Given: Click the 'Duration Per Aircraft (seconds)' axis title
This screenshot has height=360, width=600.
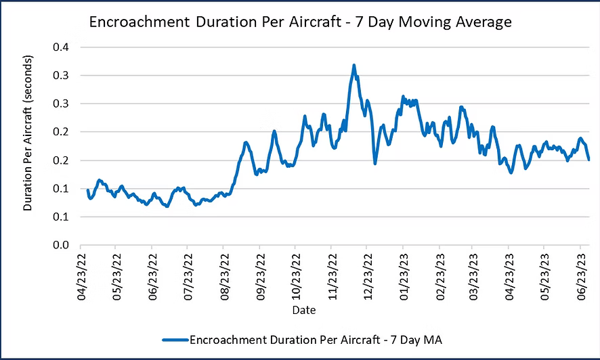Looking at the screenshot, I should pos(28,146).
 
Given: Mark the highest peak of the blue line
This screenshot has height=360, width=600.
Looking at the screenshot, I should pos(353,66).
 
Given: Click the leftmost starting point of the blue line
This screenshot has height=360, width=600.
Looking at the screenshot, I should pos(88,190).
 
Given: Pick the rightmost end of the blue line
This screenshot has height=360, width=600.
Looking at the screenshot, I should pos(588,159).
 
